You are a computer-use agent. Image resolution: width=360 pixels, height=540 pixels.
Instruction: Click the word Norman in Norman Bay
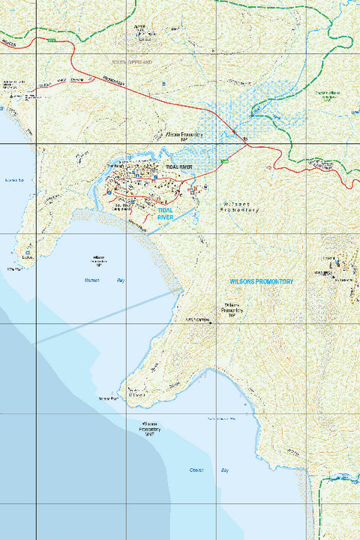(x=92, y=280)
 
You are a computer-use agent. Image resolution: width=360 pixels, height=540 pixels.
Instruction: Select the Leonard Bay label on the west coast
(x=15, y=181)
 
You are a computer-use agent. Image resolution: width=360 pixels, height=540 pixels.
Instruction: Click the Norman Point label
(x=109, y=398)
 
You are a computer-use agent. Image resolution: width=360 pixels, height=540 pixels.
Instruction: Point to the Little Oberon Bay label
(x=221, y=418)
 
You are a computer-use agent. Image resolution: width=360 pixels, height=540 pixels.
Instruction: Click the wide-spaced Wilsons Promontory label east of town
(x=242, y=207)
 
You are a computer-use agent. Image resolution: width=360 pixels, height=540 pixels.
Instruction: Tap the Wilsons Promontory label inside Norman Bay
(x=98, y=260)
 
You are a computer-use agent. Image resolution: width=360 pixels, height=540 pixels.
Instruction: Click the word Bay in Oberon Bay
(x=224, y=469)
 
